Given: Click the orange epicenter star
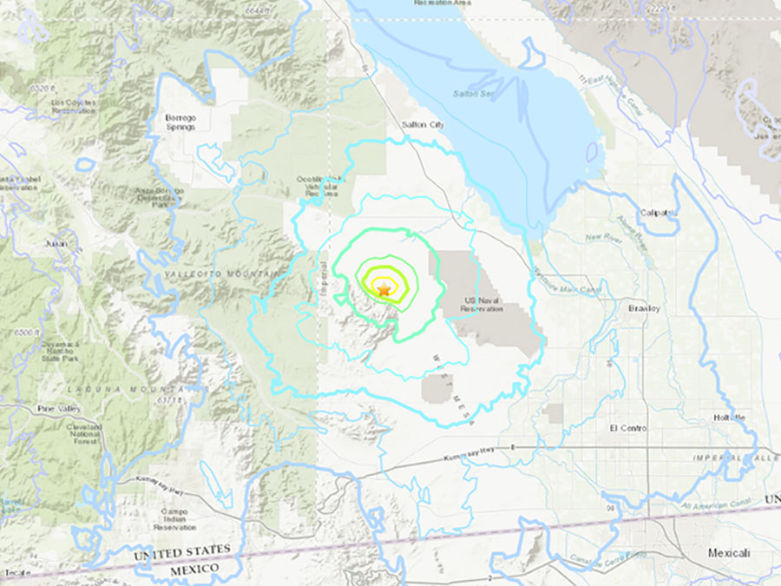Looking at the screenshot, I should click(383, 287).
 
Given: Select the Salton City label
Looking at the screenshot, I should click(423, 125).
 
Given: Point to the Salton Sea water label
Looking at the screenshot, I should click(469, 94).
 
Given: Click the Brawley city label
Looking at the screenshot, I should click(644, 308).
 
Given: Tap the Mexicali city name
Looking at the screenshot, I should click(727, 553).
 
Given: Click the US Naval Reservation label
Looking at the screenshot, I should click(484, 304).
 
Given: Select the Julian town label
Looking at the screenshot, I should click(56, 244).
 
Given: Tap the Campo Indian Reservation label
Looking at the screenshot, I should click(174, 519).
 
